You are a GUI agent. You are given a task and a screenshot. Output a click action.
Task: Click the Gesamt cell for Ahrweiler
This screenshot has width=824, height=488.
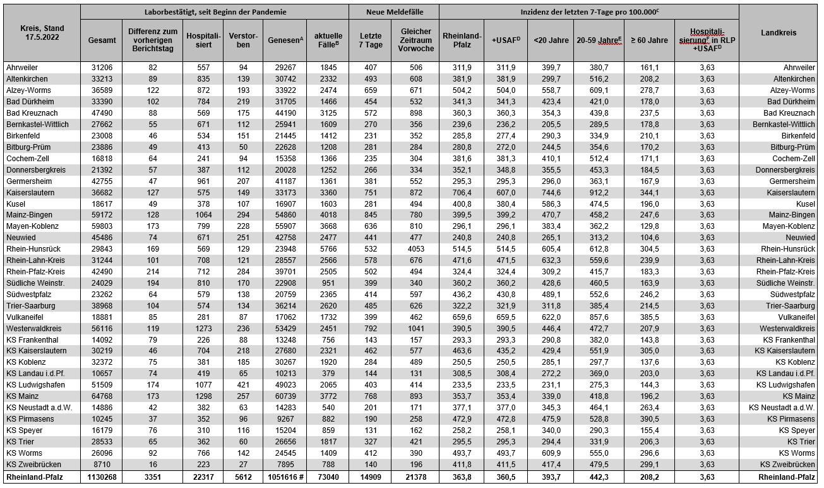(x=102, y=68)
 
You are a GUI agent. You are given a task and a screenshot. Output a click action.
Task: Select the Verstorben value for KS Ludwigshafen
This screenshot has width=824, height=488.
(x=243, y=385)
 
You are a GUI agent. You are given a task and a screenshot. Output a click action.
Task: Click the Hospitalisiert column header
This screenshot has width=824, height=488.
(x=203, y=40)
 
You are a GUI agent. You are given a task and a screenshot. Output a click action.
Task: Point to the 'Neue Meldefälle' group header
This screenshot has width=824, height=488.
(x=394, y=12)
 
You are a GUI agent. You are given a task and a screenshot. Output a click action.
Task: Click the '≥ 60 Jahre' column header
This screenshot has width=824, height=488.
(x=649, y=40)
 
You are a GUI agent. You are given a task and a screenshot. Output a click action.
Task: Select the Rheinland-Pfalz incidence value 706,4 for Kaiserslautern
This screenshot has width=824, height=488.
(x=462, y=193)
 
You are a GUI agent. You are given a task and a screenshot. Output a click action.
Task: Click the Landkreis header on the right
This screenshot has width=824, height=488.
(x=779, y=33)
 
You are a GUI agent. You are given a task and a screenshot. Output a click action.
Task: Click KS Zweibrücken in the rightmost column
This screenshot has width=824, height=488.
(x=789, y=465)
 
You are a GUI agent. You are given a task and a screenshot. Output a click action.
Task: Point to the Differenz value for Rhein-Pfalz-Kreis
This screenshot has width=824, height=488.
(x=153, y=272)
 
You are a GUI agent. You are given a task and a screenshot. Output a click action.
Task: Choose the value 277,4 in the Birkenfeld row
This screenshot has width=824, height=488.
(x=505, y=136)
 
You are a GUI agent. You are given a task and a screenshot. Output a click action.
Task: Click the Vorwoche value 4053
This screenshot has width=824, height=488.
(x=415, y=249)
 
